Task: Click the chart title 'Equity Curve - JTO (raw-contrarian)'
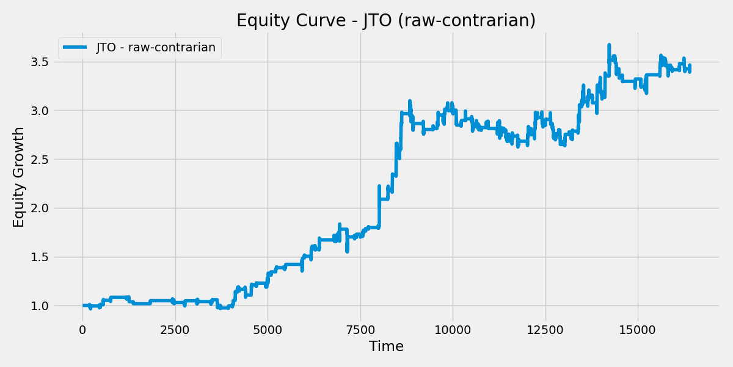[386, 21]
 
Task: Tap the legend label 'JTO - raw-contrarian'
[156, 48]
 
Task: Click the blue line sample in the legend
[76, 48]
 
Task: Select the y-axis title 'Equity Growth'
[19, 177]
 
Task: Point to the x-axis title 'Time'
[386, 347]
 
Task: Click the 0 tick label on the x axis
[82, 330]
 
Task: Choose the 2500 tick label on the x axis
[175, 330]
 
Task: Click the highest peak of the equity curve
[609, 45]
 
